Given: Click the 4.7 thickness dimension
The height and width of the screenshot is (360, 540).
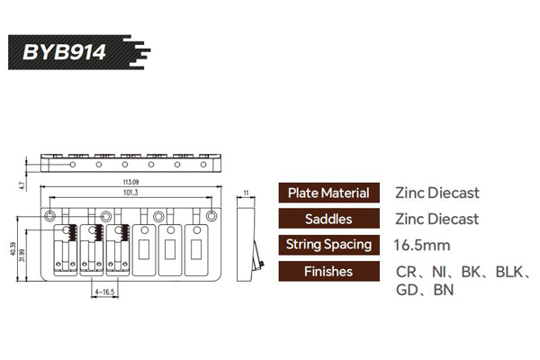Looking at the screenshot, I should pos(20,186).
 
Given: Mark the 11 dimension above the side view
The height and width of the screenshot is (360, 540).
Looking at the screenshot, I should pos(246,192).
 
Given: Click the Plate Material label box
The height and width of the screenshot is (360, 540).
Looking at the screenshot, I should pos(328,193).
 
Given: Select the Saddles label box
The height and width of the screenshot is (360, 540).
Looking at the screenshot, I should pos(328,219).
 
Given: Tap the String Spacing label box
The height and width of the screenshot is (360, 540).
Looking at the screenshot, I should pos(328,245).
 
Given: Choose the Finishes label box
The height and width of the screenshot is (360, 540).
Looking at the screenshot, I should pos(328,271).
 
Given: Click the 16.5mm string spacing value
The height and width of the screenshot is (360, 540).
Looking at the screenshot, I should pos(423,245).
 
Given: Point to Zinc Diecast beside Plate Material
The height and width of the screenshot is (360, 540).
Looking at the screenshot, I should pos(436,193).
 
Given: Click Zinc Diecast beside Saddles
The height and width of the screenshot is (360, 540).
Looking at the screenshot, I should pos(436,219).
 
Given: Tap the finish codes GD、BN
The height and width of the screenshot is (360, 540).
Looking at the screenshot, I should pos(425,290).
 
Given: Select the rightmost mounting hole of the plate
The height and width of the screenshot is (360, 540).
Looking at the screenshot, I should pos(211,215).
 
